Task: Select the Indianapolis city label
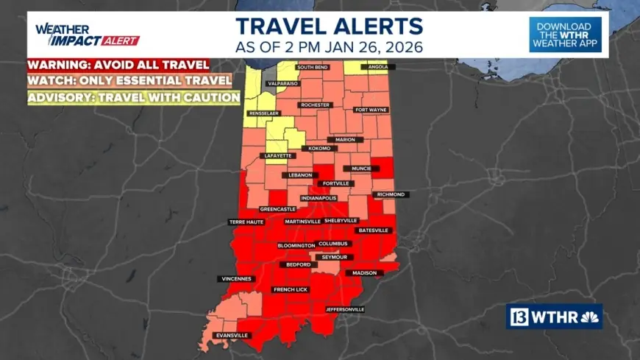(319, 198)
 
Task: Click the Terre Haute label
(242, 221)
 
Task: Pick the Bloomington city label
(296, 245)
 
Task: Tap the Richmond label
(391, 194)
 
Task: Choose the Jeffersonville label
(344, 309)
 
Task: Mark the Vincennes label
(236, 279)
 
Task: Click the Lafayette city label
(278, 156)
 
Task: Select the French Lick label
(291, 289)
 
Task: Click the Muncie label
(363, 169)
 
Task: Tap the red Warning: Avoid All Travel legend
(118, 65)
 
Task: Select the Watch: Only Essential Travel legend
(129, 80)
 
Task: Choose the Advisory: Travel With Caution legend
(135, 97)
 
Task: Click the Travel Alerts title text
(329, 27)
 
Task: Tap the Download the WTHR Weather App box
(565, 34)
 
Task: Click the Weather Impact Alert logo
(87, 35)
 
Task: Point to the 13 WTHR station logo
(554, 316)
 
